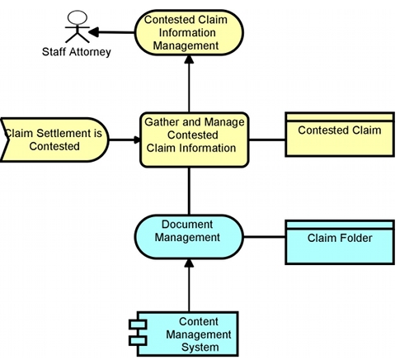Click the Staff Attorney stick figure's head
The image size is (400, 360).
[x=78, y=17]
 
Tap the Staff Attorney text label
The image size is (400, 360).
[x=77, y=52]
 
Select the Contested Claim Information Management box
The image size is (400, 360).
[x=189, y=32]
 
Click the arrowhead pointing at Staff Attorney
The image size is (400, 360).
[x=93, y=32]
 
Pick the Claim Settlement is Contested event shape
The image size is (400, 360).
[x=54, y=140]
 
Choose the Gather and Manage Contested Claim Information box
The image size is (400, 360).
[x=195, y=140]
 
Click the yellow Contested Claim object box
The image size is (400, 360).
[x=340, y=135]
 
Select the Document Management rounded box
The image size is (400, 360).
[x=189, y=237]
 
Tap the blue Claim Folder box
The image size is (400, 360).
[x=340, y=243]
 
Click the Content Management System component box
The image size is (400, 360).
[x=187, y=334]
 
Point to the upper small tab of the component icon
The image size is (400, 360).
[x=138, y=324]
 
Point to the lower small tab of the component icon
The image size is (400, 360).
[x=138, y=341]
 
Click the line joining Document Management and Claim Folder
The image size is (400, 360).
[x=265, y=237]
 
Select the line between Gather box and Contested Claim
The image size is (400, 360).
[x=267, y=140]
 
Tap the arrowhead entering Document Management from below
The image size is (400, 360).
[x=189, y=263]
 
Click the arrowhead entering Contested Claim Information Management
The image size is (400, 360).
[x=189, y=59]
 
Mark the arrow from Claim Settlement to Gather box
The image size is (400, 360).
[x=125, y=140]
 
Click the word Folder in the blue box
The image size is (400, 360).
[x=355, y=238]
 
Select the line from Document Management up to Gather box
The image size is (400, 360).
[x=189, y=191]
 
